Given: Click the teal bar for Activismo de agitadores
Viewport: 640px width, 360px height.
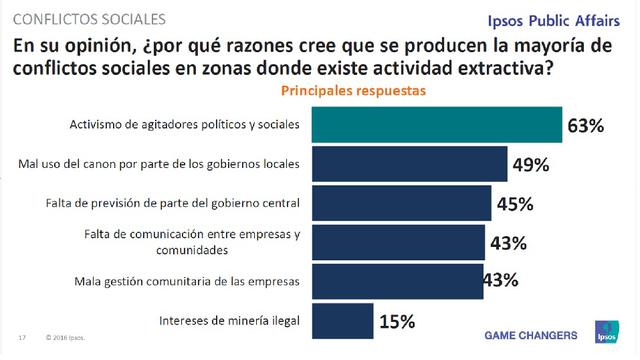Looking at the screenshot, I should [437, 124].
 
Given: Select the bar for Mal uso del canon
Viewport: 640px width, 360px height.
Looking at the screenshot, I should [411, 163].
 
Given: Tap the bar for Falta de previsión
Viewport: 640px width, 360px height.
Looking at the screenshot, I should [401, 203].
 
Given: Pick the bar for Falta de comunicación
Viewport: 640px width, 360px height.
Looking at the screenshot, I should [397, 242].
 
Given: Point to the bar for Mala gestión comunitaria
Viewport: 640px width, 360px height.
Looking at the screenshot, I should [397, 280].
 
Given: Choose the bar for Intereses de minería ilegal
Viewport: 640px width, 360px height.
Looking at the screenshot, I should [341, 320].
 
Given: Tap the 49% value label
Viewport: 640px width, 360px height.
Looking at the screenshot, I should [531, 164].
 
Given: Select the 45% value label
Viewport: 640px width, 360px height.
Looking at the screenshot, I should [513, 204].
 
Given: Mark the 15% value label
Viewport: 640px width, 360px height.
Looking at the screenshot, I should [395, 321].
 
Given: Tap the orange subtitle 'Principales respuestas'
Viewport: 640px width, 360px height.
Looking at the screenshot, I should [361, 90].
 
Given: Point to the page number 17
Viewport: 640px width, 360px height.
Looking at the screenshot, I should [21, 337].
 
